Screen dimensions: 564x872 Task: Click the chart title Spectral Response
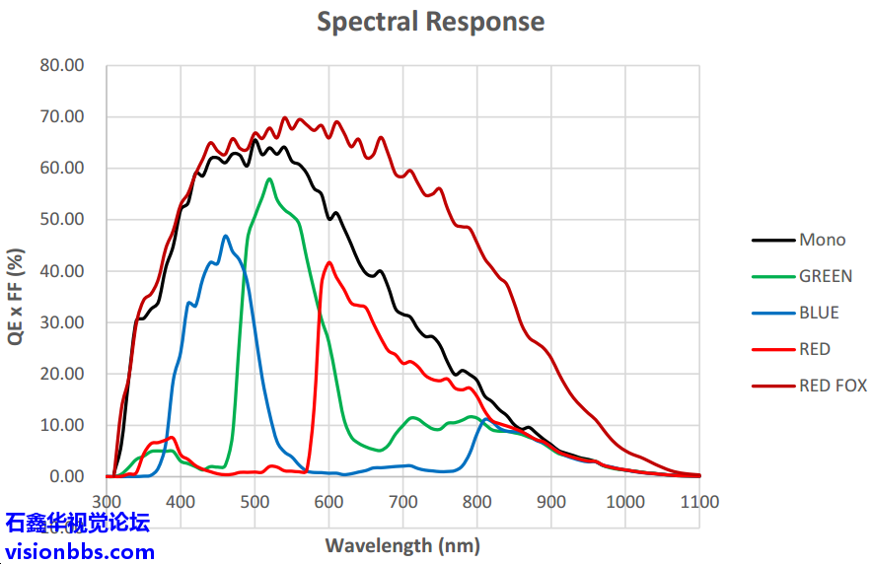pyautogui.click(x=430, y=21)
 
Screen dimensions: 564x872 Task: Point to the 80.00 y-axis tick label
pyautogui.click(x=61, y=65)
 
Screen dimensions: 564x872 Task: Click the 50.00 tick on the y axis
pyautogui.click(x=61, y=220)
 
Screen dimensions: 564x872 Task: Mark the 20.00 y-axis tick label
pyautogui.click(x=61, y=374)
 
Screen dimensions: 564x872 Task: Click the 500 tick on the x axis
pyautogui.click(x=254, y=502)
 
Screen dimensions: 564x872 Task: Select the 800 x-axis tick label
pyautogui.click(x=477, y=502)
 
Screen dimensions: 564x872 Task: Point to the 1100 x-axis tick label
pyautogui.click(x=699, y=502)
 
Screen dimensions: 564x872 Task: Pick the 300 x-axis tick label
pyautogui.click(x=107, y=502)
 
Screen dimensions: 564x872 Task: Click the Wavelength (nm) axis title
pyautogui.click(x=402, y=544)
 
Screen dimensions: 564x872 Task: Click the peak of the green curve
pyautogui.click(x=269, y=178)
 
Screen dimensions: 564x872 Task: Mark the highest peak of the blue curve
pyautogui.click(x=226, y=236)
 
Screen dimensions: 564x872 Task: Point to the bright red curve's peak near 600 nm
pyautogui.click(x=328, y=262)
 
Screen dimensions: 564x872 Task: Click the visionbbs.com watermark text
pyautogui.click(x=80, y=551)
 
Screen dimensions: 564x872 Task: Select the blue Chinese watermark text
pyautogui.click(x=78, y=523)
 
